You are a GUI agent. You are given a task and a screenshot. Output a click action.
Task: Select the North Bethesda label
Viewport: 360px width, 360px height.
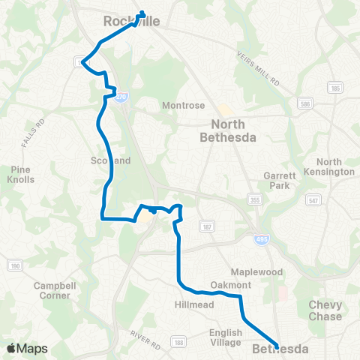click(x=229, y=131)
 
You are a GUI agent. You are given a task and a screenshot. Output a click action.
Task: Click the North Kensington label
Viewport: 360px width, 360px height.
click(x=334, y=166)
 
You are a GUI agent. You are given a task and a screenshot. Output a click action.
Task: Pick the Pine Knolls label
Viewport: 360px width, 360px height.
click(x=20, y=175)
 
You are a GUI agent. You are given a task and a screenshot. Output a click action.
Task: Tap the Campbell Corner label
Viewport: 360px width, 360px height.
click(x=52, y=290)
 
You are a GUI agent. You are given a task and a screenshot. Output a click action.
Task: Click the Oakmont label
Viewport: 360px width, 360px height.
click(x=229, y=285)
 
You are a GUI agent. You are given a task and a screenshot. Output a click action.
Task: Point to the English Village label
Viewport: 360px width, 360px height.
click(x=226, y=337)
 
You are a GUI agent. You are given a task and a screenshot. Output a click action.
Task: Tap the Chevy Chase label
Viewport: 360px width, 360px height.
click(x=325, y=310)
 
